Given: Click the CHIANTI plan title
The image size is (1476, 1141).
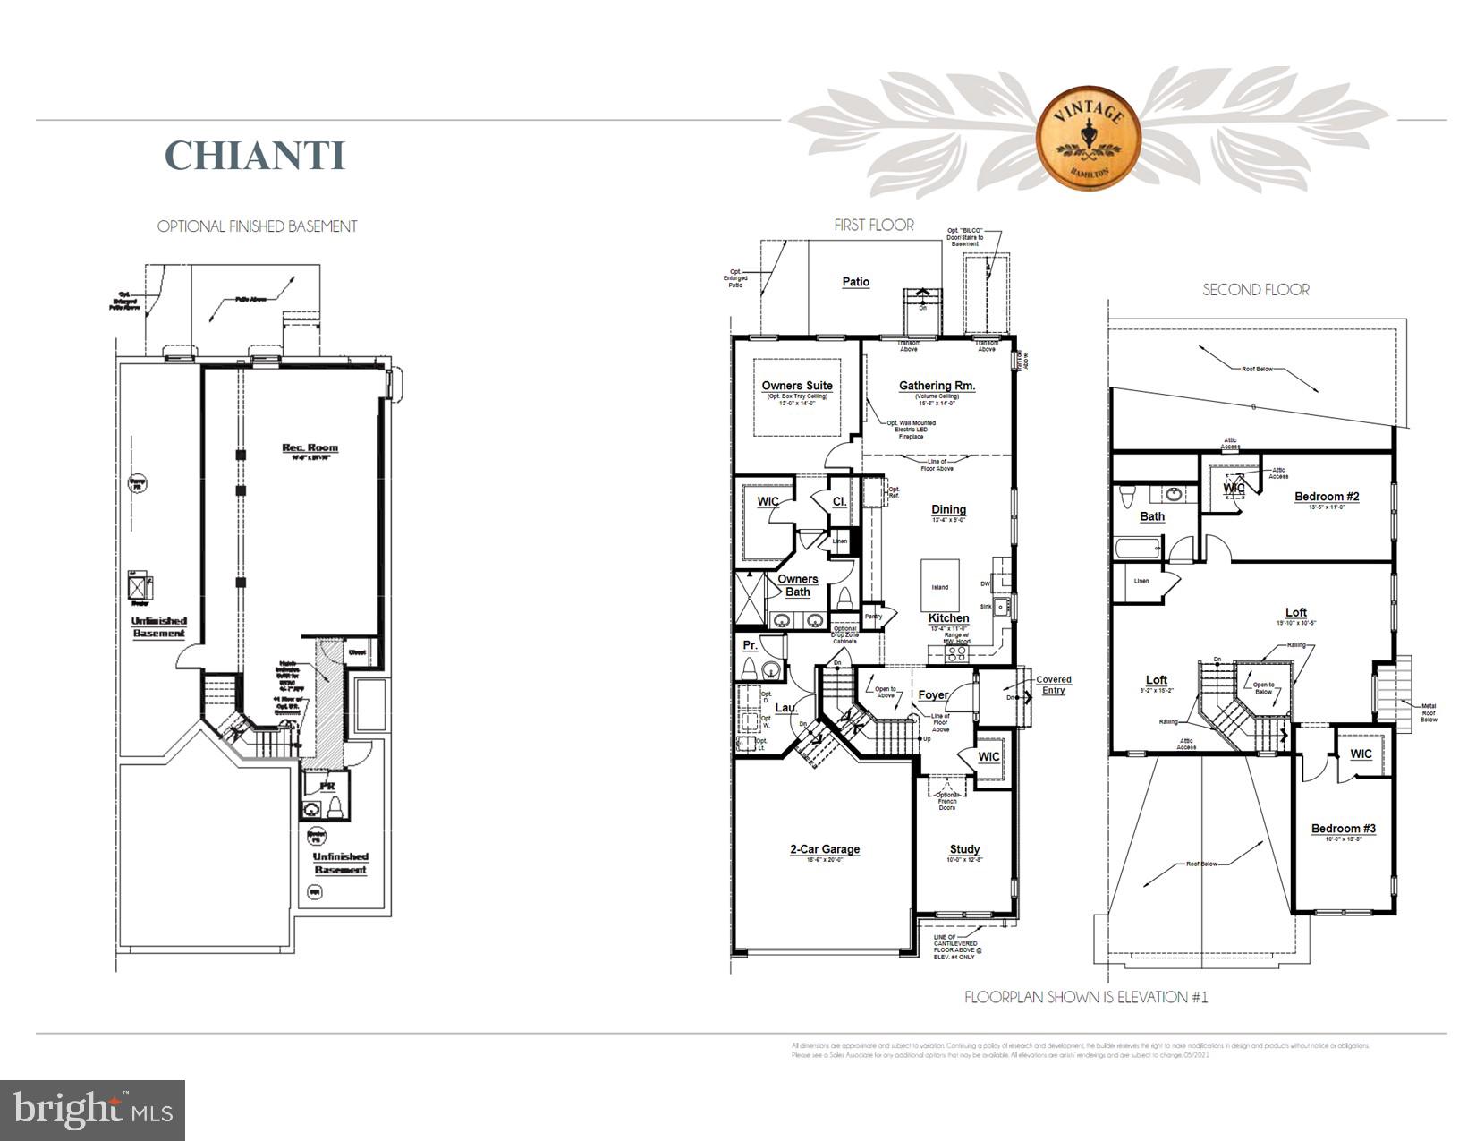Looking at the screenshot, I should [x=255, y=155].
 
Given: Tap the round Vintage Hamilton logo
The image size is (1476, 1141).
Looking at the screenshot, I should [x=1088, y=138].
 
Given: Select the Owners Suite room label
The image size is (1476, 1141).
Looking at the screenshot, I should [x=797, y=386].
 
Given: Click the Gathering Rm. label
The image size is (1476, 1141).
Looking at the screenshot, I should [x=937, y=386].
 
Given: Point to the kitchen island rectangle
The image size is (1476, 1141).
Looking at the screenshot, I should [x=940, y=586].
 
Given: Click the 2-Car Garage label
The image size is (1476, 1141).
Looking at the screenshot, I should [x=824, y=849].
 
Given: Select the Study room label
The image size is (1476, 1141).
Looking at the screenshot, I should [x=964, y=849].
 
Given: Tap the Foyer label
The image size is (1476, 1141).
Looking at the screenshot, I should [x=933, y=695].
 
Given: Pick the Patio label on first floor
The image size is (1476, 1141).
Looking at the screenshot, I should [x=855, y=282].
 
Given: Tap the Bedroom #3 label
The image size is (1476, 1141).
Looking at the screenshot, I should [x=1343, y=829].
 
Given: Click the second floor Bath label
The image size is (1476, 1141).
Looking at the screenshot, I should [x=1152, y=516].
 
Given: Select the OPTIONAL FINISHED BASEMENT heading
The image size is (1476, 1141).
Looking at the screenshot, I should [x=257, y=226].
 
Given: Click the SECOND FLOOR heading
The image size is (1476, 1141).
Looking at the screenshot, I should [x=1255, y=290].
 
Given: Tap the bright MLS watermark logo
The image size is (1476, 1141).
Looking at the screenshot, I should [x=93, y=1111].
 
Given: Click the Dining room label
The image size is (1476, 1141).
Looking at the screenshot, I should [x=948, y=509].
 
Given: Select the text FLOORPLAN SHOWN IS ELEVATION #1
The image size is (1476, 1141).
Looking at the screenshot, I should [x=1085, y=997].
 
